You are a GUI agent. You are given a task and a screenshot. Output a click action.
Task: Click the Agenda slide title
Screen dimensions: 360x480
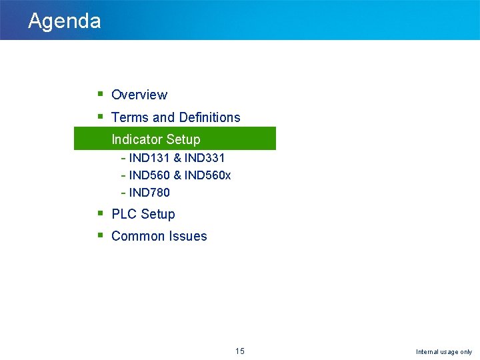coord(65,21)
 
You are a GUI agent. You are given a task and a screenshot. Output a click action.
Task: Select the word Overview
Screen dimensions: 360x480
coord(139,95)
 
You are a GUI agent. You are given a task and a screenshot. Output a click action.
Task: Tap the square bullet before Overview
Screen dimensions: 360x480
coord(99,94)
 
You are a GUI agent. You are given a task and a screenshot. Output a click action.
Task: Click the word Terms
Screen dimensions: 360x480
coord(130,117)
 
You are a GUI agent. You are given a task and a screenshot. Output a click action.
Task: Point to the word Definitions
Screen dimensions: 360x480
coord(209,117)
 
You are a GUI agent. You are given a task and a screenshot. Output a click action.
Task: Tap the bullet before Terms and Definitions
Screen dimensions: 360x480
coord(99,117)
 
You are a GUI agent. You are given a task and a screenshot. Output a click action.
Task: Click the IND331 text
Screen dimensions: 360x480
coord(205,158)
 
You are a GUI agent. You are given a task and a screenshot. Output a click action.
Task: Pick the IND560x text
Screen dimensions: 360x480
coord(208,175)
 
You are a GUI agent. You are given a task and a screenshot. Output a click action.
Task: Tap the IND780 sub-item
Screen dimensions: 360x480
coord(149,193)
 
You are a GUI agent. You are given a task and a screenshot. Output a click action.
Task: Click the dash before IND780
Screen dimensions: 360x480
coord(123,193)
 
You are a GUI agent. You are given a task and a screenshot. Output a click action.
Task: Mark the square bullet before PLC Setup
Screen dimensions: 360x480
coord(99,213)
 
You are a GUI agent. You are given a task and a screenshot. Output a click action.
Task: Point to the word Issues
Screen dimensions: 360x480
coord(189,236)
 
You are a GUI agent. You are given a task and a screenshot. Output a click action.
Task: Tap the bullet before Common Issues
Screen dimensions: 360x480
coord(99,235)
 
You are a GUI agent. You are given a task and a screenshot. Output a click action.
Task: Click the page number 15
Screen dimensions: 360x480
coord(240,351)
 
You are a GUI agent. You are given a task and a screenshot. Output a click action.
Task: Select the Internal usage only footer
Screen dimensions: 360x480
coord(444,352)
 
